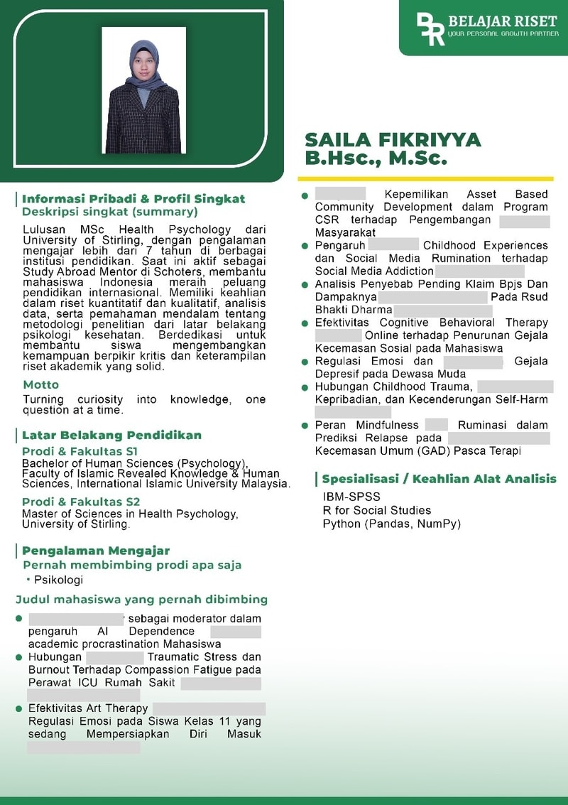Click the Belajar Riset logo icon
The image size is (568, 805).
pos(430,28)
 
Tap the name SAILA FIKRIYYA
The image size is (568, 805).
pos(393,139)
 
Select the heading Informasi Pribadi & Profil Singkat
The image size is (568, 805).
pos(133,199)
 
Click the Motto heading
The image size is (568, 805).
pos(41,384)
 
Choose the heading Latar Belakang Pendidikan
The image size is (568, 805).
pos(111,435)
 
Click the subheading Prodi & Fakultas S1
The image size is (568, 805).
pos(80,451)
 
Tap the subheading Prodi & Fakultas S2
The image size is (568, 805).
pos(81,502)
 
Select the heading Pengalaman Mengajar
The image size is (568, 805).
pos(96,551)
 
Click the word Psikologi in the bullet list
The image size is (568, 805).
pos(59,580)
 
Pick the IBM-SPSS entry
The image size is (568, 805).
pos(351,497)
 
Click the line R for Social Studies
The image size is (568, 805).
pos(376,510)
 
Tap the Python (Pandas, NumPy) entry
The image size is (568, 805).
pos(391,524)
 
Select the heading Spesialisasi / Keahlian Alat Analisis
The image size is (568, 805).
pos(439,479)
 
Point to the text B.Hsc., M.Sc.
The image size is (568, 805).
pos(376,158)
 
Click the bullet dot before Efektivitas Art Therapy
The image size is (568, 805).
pos(19,708)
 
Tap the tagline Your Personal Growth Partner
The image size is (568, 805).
pos(503,33)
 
